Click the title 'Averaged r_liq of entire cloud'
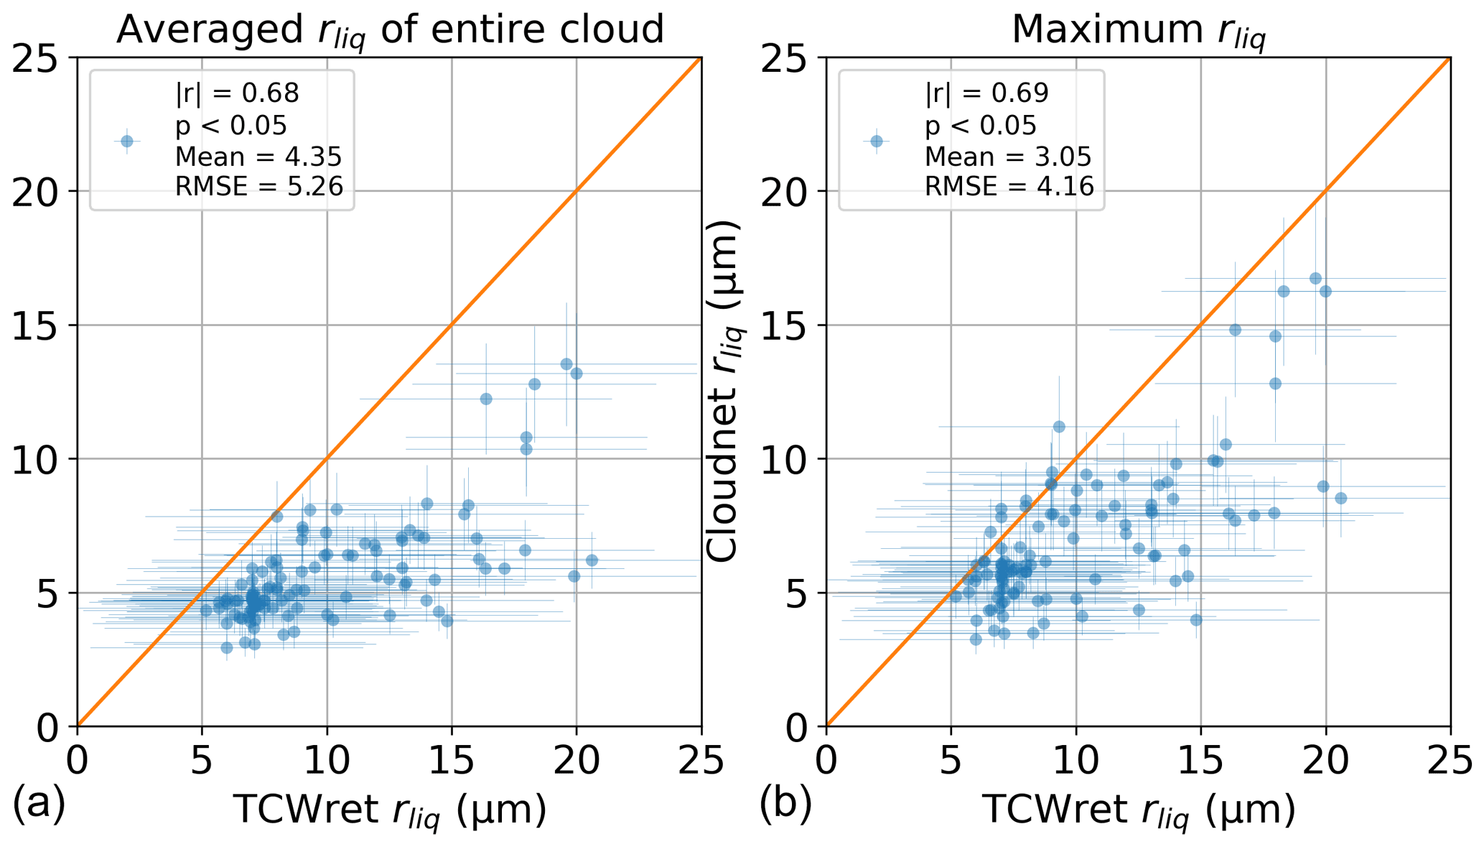[389, 30]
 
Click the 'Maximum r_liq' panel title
[1138, 30]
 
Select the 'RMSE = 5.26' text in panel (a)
[259, 187]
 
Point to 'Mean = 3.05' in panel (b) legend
[1008, 156]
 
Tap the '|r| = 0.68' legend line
[237, 93]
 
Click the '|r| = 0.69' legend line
[986, 93]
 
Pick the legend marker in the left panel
[127, 141]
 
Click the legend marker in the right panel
[876, 141]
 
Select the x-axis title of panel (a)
[389, 810]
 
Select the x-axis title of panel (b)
[1138, 810]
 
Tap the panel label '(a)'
[39, 805]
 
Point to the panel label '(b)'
[785, 805]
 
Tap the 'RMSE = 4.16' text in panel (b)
[1009, 187]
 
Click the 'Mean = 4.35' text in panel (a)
[258, 156]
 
